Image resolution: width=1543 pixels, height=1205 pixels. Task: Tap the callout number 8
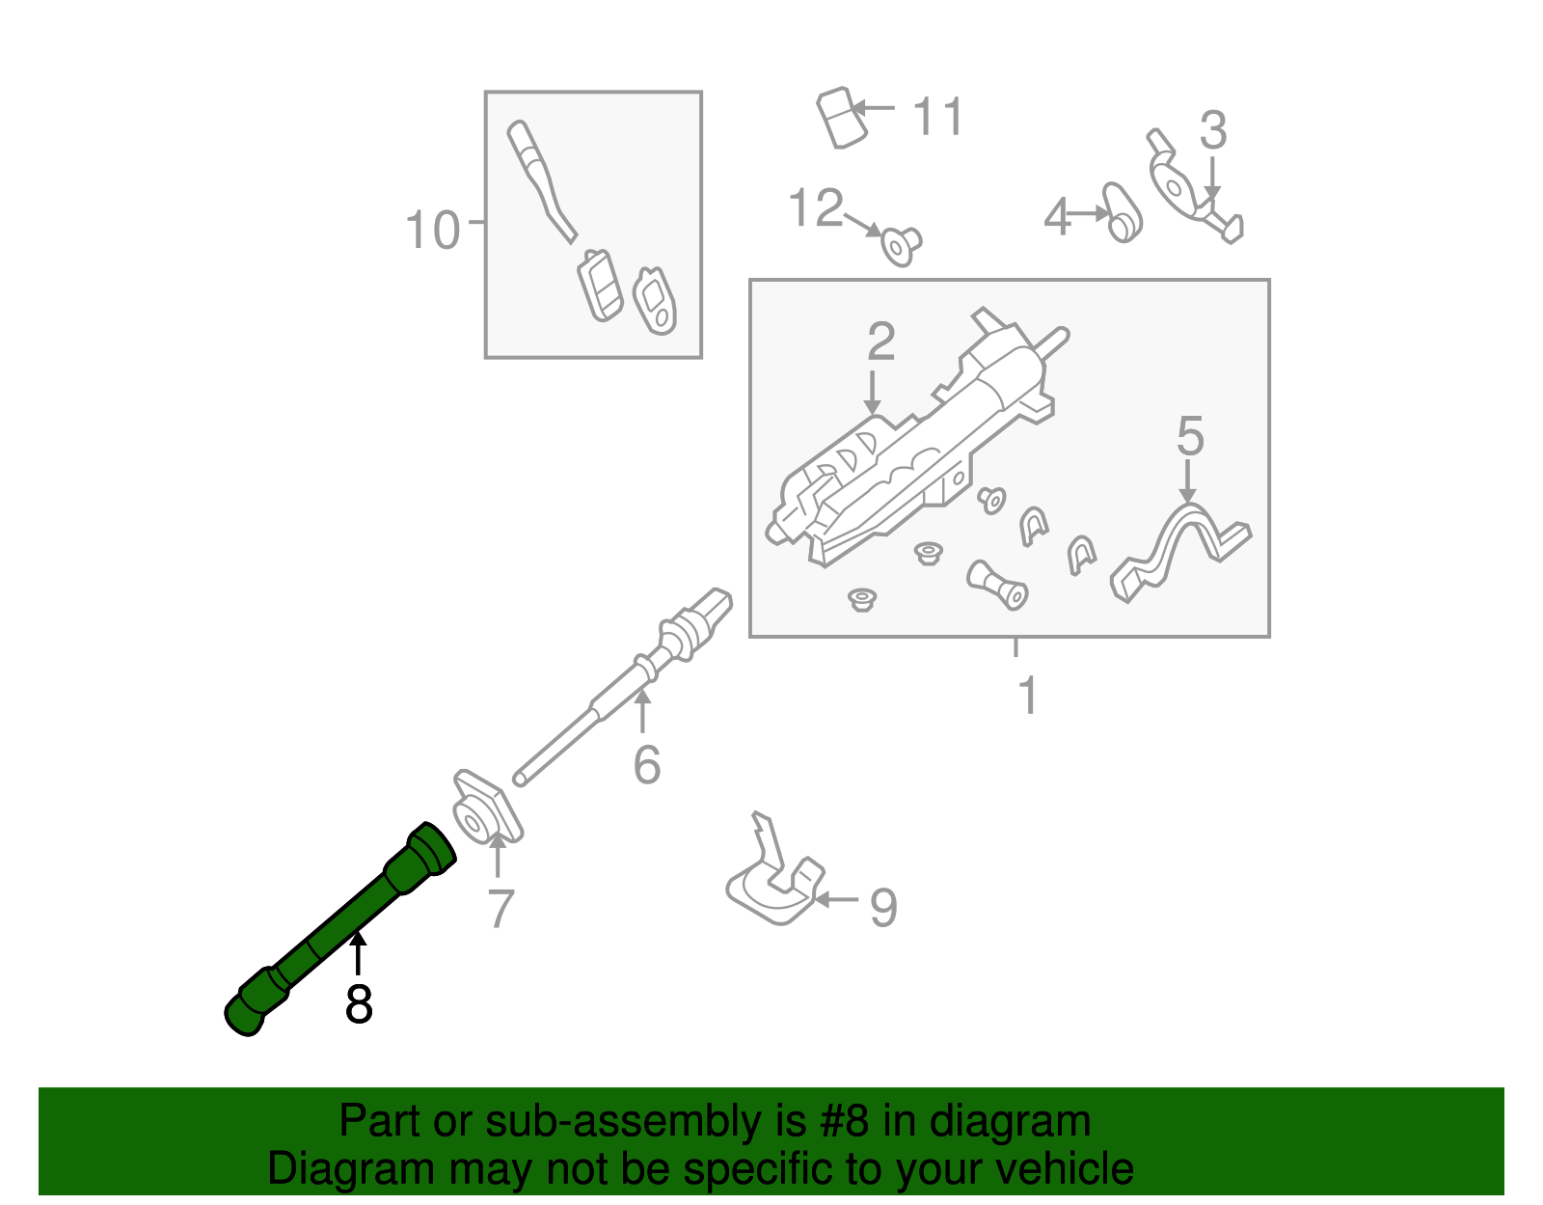(358, 1004)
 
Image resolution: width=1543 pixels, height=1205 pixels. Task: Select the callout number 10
(432, 232)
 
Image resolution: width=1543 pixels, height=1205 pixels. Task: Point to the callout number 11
(937, 118)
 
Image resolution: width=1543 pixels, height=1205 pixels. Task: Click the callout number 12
(816, 208)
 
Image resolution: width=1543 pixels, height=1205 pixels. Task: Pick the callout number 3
(1213, 131)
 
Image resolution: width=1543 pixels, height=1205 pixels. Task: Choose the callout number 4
(1057, 217)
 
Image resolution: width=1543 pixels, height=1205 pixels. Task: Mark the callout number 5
(1190, 437)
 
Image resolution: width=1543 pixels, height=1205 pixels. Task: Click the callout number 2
(880, 342)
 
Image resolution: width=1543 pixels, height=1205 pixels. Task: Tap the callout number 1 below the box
(1028, 696)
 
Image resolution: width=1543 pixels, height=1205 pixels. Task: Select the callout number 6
(647, 765)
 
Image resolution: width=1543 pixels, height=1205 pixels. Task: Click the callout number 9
(883, 907)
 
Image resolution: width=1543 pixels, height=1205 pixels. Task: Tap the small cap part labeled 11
(838, 118)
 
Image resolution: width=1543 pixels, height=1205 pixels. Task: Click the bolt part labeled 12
(901, 245)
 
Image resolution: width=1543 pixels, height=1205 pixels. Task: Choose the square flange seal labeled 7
(486, 808)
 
